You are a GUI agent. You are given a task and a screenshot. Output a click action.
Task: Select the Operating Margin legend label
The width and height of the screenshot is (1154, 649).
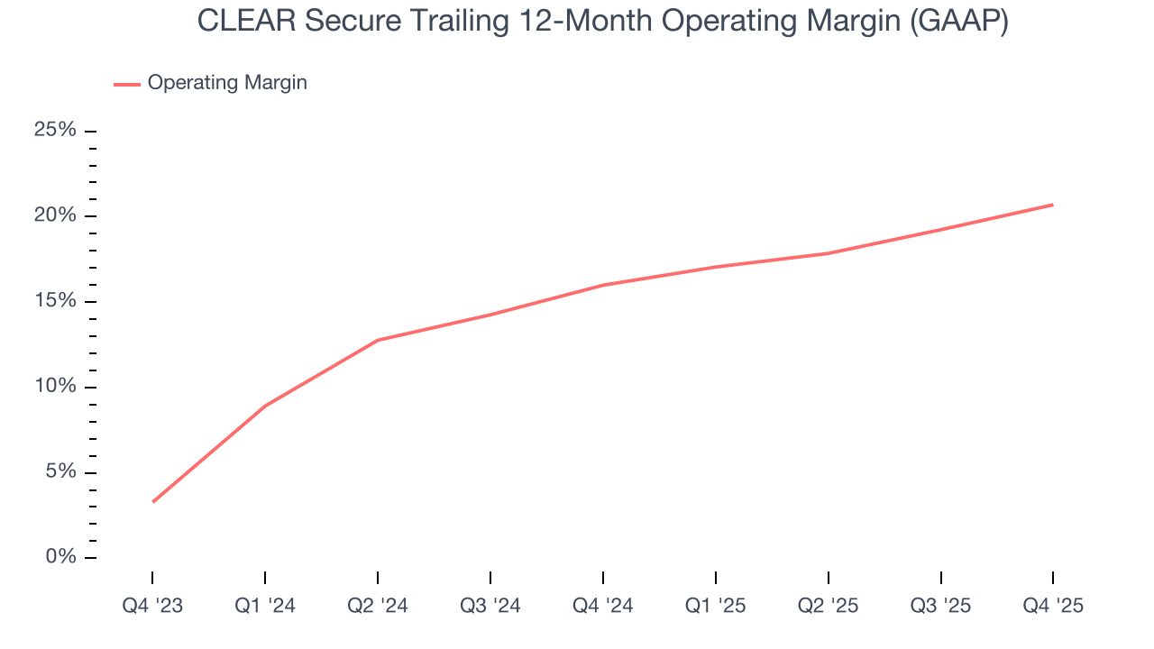(227, 83)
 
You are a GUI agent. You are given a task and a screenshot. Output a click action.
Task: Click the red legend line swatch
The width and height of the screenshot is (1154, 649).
(127, 84)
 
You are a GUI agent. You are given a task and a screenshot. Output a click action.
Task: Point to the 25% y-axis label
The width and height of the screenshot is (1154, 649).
(55, 130)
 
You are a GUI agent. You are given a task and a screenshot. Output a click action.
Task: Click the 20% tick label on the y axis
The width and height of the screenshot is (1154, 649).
(55, 215)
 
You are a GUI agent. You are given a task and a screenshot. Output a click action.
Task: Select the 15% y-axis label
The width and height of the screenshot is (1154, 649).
(55, 301)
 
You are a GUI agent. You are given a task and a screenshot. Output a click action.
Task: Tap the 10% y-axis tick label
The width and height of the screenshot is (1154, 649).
(55, 387)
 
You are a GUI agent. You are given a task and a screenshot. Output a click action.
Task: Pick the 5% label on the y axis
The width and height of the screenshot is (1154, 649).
(60, 472)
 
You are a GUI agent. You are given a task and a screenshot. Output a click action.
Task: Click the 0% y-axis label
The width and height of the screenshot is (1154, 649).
(60, 557)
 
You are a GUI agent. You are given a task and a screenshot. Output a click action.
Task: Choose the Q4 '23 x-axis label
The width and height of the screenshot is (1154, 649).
(152, 606)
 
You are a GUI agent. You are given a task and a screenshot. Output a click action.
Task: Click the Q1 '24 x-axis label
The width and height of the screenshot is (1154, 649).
(265, 606)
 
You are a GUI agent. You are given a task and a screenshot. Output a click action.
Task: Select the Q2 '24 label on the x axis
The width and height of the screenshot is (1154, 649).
(378, 606)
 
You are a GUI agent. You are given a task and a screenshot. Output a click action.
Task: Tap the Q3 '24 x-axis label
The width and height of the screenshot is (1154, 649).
(490, 606)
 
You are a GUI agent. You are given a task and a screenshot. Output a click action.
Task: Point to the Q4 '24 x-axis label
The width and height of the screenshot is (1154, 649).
(603, 606)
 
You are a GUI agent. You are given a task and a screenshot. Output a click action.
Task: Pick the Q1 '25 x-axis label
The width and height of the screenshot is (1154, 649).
(716, 606)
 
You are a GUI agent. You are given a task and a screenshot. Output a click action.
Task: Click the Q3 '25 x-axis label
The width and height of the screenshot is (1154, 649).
(941, 606)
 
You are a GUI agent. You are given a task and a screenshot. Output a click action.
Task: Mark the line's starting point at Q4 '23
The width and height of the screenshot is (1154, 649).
(152, 502)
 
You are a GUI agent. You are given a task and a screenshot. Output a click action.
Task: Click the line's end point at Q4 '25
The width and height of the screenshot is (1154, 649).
(1053, 205)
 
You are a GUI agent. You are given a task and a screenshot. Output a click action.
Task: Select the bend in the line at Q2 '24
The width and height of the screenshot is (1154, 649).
(378, 340)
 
